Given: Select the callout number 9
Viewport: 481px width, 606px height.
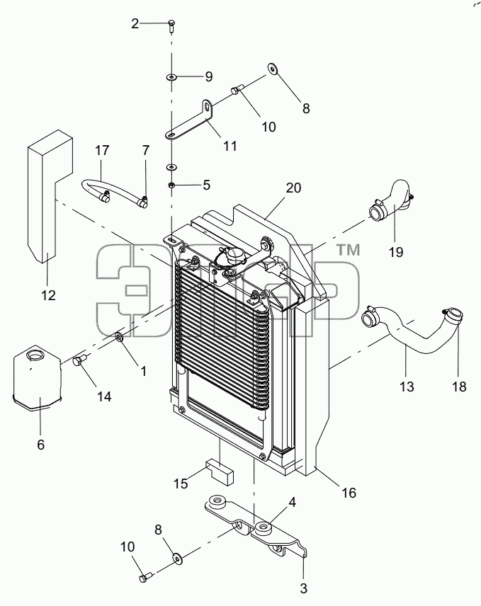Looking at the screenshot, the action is point(209,76).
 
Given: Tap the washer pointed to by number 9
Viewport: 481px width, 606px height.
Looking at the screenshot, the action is point(171,77).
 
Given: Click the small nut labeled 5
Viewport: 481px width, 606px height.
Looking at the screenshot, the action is point(171,185).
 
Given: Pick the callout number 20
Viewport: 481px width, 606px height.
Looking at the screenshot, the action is point(293,188).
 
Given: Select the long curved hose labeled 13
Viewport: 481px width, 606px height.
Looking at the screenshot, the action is point(410,340).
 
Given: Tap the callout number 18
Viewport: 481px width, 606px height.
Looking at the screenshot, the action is point(459,386).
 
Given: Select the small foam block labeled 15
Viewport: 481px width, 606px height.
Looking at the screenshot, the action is point(220,471).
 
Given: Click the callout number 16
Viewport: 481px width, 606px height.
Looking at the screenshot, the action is point(349,493).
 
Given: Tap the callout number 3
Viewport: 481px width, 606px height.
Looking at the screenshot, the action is point(303,588).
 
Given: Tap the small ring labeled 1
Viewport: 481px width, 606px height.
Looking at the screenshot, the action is point(120,336).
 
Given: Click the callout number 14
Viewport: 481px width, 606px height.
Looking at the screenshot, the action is point(104,396).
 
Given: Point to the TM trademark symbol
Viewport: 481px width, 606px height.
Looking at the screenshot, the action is point(349,250).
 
